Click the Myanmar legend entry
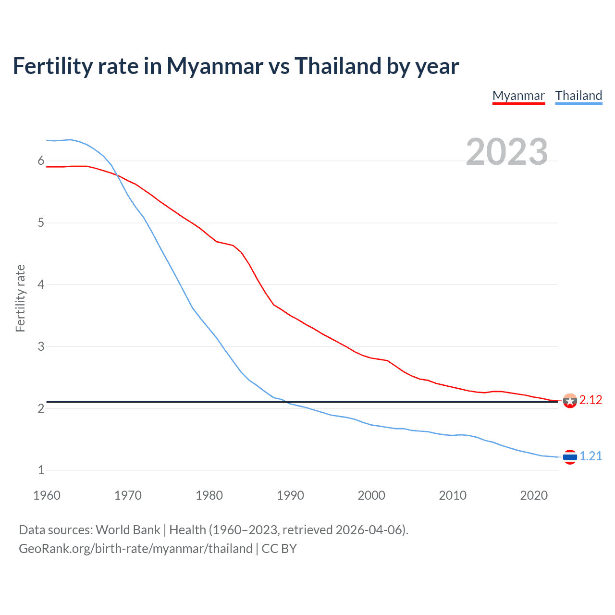(518, 96)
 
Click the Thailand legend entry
(578, 96)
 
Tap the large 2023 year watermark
(506, 152)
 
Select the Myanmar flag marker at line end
(570, 401)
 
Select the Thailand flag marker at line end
(570, 456)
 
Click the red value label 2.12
(590, 400)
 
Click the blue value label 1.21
(590, 456)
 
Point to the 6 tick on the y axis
(41, 161)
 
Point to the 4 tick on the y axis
(41, 284)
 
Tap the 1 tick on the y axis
(41, 470)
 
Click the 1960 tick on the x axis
(47, 495)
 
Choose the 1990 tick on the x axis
(290, 495)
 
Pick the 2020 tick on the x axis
(534, 495)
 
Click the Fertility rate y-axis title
(20, 298)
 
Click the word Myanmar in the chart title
(215, 66)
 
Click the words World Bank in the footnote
(128, 530)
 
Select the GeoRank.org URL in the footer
(135, 549)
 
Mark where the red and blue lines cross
(117, 175)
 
